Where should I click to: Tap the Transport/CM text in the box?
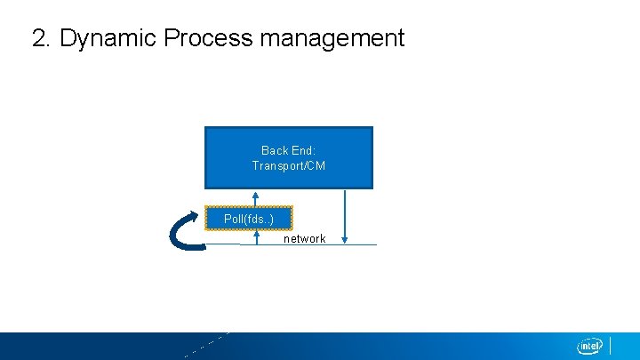pyautogui.click(x=288, y=166)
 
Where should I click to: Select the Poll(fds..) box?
pyautogui.click(x=249, y=219)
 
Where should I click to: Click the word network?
pyautogui.click(x=304, y=239)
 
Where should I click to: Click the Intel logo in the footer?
pyautogui.click(x=590, y=346)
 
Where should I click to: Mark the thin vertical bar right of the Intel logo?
pyautogui.click(x=611, y=345)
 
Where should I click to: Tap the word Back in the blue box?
pyautogui.click(x=272, y=151)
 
